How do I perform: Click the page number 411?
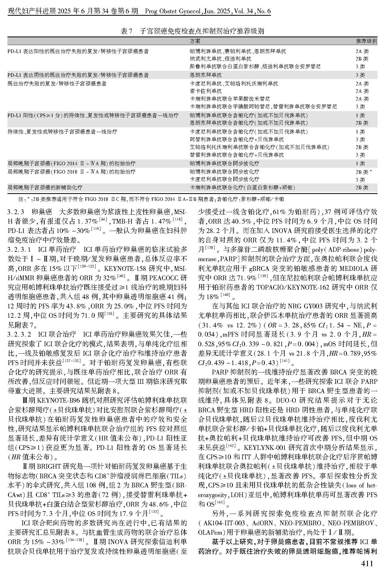click(367, 563)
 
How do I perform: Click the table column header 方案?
click(195, 41)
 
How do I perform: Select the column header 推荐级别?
click(366, 41)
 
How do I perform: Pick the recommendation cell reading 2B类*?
click(363, 172)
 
